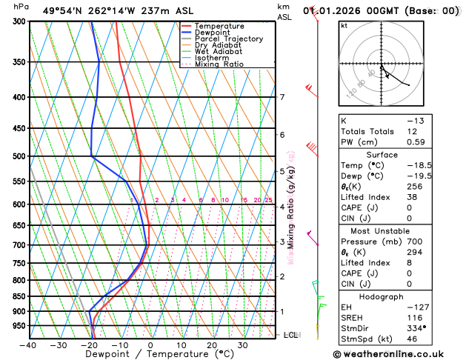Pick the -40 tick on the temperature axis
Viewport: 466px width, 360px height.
(x=29, y=345)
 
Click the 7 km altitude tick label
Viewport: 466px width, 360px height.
(x=282, y=97)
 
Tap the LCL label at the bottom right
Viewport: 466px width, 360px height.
(x=292, y=335)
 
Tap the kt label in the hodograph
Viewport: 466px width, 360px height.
(x=344, y=25)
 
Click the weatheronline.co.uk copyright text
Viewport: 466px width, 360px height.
(x=398, y=354)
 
